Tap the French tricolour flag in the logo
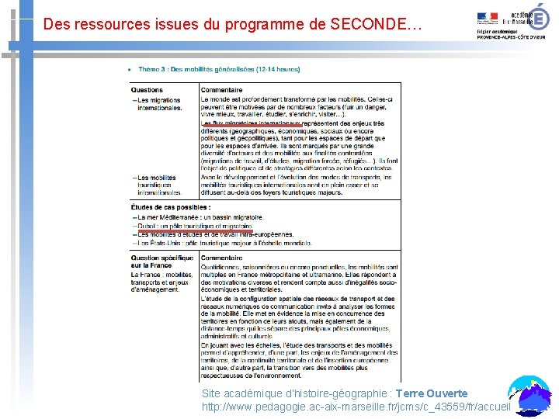[x=489, y=16]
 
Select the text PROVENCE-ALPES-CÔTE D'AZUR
[x=511, y=37]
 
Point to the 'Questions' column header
[x=147, y=90]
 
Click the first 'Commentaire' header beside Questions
[x=222, y=90]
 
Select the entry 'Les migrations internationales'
[x=158, y=104]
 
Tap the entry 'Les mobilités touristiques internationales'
[x=158, y=185]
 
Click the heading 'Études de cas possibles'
[x=170, y=207]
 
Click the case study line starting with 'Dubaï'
[x=194, y=226]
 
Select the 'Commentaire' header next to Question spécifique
[x=222, y=258]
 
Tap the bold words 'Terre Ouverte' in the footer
[x=431, y=393]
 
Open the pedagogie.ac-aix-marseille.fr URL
[x=356, y=406]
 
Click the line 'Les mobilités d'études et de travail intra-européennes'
[x=214, y=234]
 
